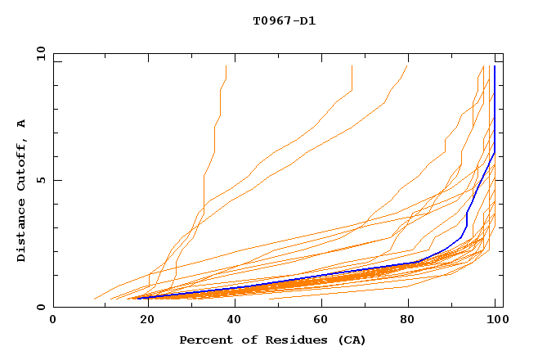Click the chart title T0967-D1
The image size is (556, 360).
pyautogui.click(x=285, y=20)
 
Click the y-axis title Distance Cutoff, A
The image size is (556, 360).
pyautogui.click(x=21, y=191)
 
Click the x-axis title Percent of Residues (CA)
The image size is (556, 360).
pyautogui.click(x=272, y=340)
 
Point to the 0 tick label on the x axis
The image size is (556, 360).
pyautogui.click(x=53, y=319)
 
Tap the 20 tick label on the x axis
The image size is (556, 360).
pyautogui.click(x=142, y=319)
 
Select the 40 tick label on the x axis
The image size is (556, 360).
pyautogui.click(x=231, y=319)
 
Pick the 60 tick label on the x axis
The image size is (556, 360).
pyautogui.click(x=320, y=319)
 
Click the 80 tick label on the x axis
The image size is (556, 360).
pyautogui.click(x=408, y=319)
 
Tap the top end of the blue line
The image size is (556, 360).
pyautogui.click(x=495, y=66)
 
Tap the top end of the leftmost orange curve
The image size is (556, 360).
pyautogui.click(x=226, y=66)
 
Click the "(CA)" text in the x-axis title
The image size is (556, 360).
pyautogui.click(x=351, y=340)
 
